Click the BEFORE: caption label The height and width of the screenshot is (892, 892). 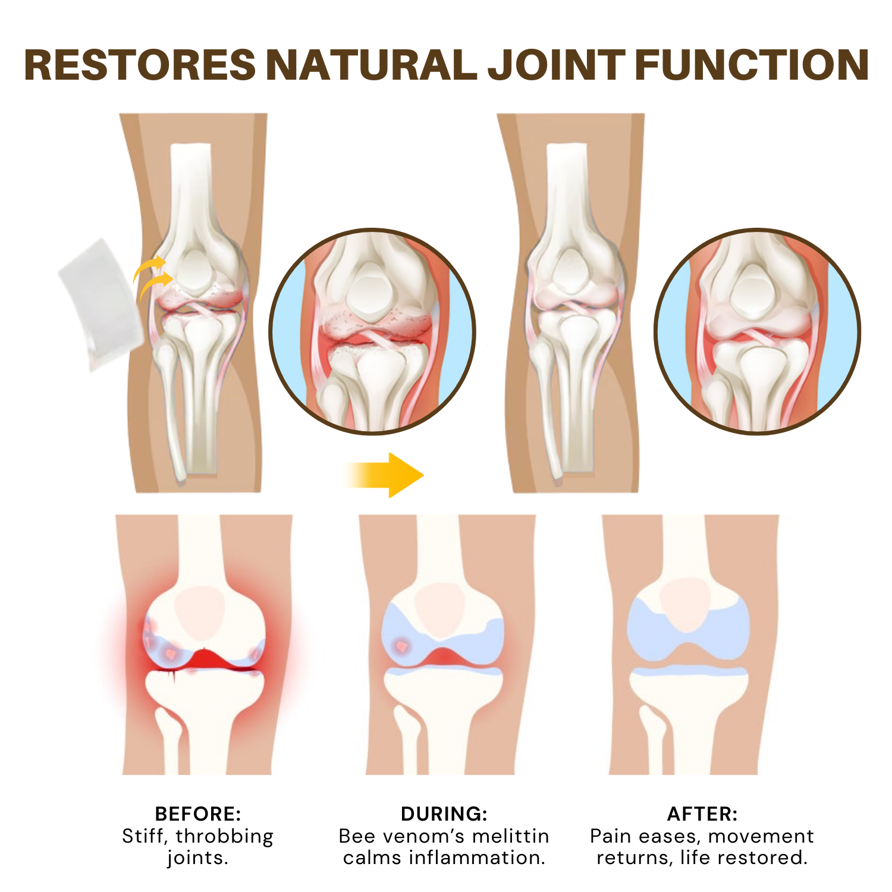click(x=198, y=814)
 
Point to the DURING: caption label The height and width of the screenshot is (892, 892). click(x=444, y=814)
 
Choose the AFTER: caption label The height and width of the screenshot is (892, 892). click(x=702, y=814)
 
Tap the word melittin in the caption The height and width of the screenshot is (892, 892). click(x=510, y=836)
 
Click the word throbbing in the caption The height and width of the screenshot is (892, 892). click(x=225, y=836)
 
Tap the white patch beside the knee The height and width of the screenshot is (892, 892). click(x=101, y=303)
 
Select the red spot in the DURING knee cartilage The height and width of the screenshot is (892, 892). click(x=402, y=645)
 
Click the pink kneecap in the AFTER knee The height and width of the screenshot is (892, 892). click(x=685, y=604)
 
